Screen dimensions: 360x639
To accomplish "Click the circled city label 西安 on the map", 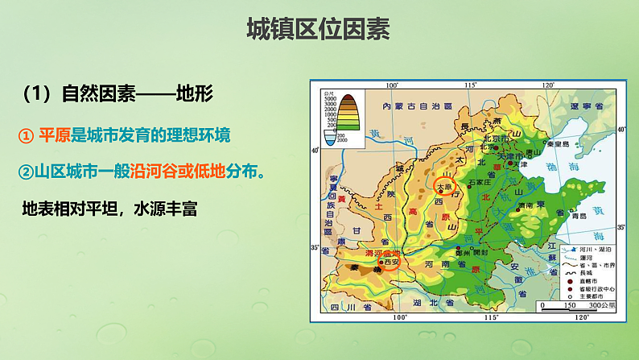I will (390, 263).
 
